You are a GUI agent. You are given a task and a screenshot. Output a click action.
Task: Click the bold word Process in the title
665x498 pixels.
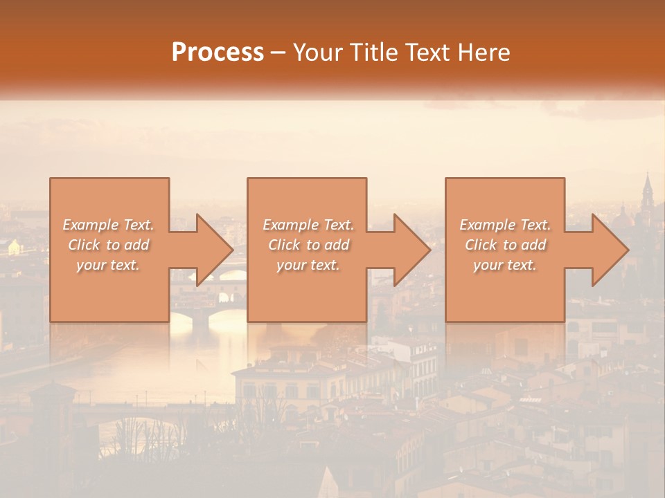[218, 53]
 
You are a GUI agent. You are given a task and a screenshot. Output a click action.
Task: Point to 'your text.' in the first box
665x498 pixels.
[108, 265]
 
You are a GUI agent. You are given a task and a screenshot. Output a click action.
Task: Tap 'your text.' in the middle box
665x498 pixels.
[308, 265]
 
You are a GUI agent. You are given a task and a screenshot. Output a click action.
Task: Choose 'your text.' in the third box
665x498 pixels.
[504, 265]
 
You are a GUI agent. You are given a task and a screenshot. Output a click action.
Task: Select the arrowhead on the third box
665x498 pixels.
[609, 250]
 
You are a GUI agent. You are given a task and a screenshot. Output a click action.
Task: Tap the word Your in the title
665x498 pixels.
[316, 53]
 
